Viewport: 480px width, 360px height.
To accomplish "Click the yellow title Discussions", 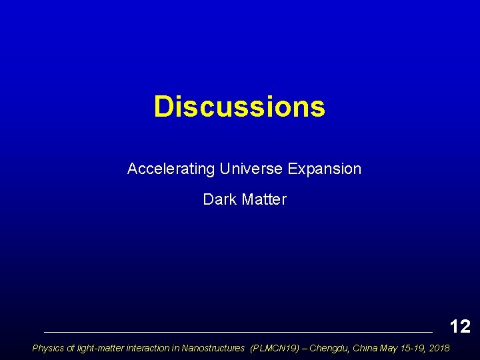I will [x=239, y=107].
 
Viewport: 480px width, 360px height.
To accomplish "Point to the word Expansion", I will [x=325, y=169].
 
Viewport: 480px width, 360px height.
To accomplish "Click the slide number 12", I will [x=460, y=326].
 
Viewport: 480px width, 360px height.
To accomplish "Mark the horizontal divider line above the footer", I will [x=237, y=331].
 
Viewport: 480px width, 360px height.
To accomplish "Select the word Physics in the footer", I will [x=47, y=348].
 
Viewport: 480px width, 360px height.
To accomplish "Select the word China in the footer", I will [x=364, y=348].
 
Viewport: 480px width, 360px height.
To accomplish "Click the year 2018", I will [x=439, y=348].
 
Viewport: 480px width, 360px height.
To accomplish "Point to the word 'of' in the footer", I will [x=69, y=348].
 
